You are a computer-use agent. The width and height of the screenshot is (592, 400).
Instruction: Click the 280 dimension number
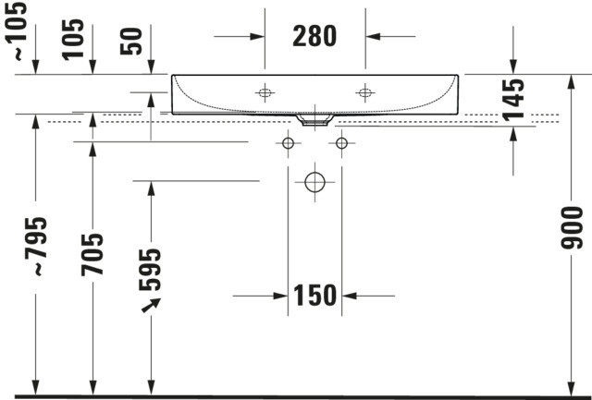pos(314,36)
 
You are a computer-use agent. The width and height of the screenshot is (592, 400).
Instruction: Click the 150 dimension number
pos(314,296)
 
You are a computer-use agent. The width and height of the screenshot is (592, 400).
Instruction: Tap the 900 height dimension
pos(572,227)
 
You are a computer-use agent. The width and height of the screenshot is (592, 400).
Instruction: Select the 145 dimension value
pos(513,99)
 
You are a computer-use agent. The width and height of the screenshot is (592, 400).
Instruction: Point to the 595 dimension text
pos(150,269)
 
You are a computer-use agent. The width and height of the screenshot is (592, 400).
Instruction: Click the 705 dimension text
pos(92,254)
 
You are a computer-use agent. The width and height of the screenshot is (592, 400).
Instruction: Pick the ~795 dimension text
pos(36,247)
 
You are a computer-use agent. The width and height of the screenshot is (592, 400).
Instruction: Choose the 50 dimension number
pos(131,41)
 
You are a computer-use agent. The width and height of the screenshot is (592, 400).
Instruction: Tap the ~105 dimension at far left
pos(17,31)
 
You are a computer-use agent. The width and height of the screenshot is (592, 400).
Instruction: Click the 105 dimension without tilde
pos(73,40)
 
